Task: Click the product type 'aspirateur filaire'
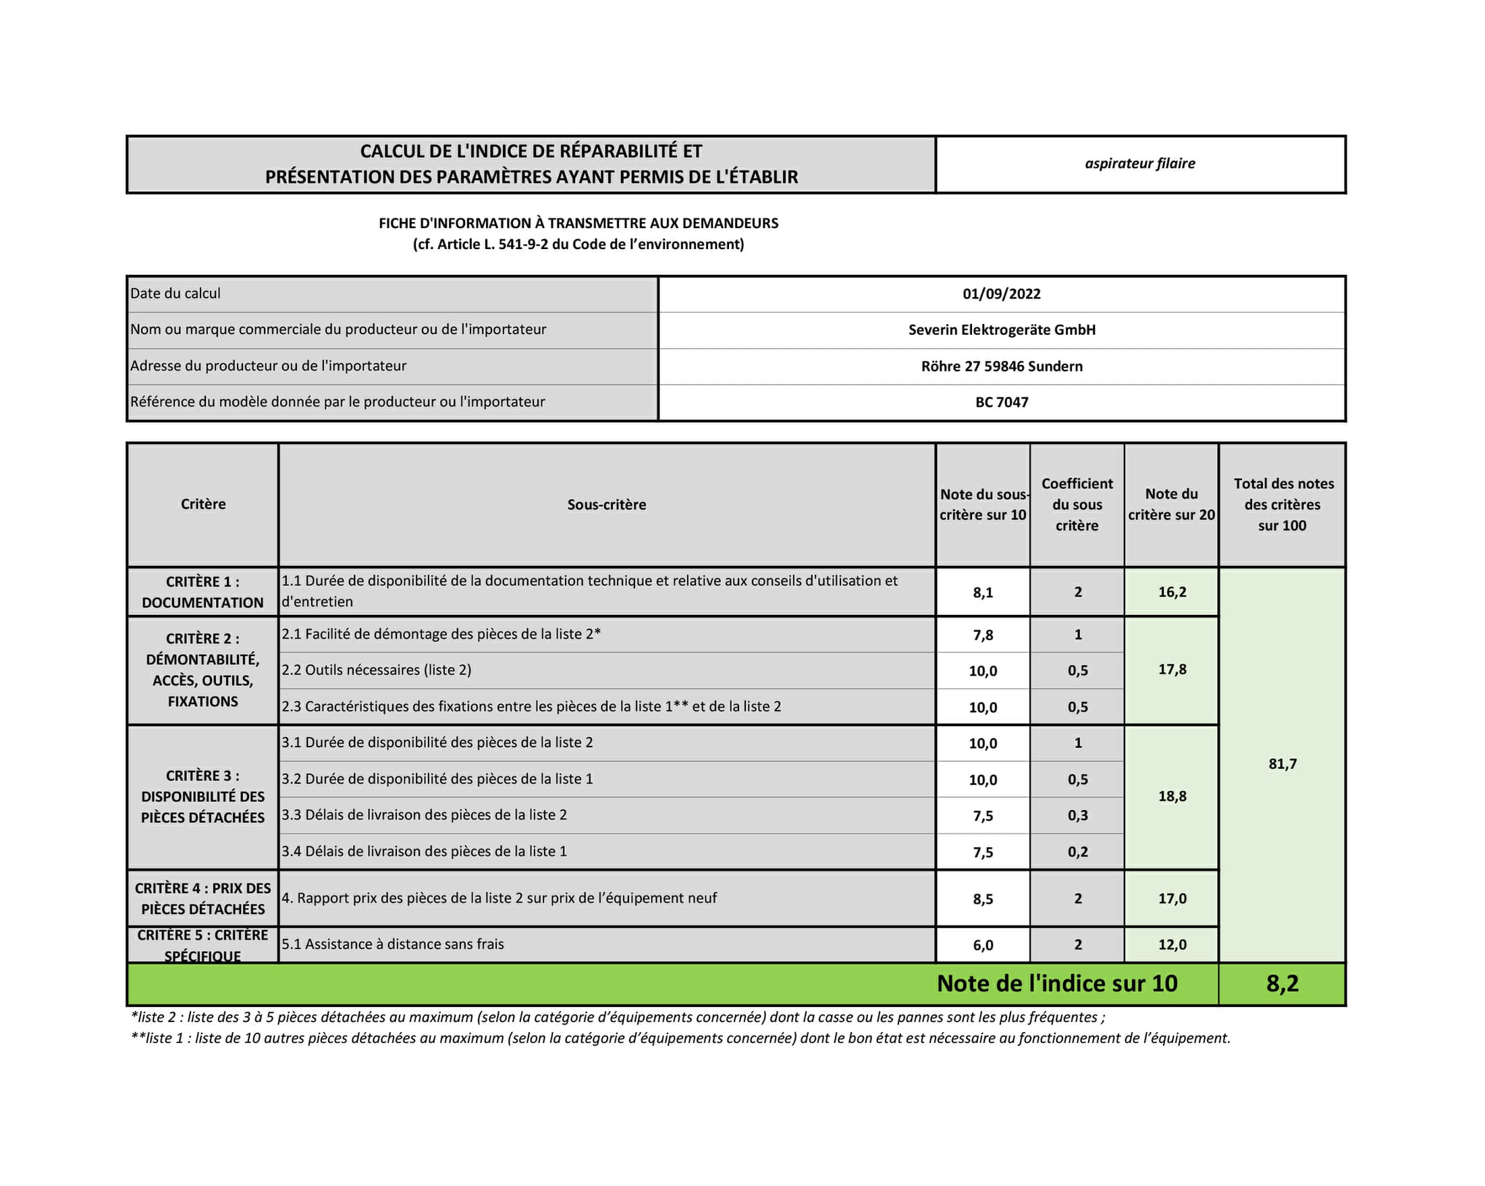pos(1139,164)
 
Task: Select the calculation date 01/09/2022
pos(1002,294)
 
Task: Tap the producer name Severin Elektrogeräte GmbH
pos(1002,330)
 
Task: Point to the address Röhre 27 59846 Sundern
pos(1002,367)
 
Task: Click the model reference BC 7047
pos(1002,402)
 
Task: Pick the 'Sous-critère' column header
pos(606,505)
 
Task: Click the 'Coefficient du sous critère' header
pos(1077,505)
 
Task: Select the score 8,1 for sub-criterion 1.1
pos(983,593)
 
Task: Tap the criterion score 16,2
pos(1172,592)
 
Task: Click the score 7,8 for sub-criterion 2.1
pos(983,636)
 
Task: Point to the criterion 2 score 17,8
pos(1172,670)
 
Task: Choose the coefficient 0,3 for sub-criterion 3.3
pos(1077,816)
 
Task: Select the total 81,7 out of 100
pos(1282,764)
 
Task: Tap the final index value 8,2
pos(1282,983)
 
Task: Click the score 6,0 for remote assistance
pos(983,946)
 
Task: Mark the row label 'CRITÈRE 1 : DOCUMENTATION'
pos(202,592)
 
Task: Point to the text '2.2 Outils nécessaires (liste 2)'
pos(377,670)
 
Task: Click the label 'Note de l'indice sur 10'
pos(1056,983)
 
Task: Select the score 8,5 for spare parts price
pos(983,900)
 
